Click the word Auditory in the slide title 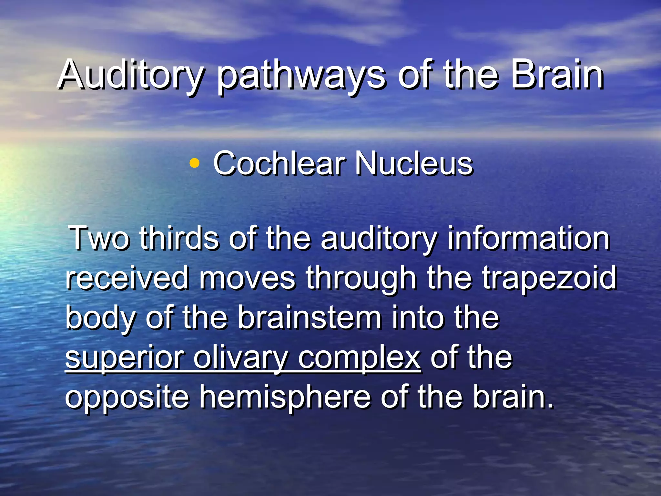click(131, 75)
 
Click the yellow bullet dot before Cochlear click(194, 163)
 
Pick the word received click(127, 278)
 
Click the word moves click(247, 278)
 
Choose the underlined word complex click(359, 358)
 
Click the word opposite click(127, 398)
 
